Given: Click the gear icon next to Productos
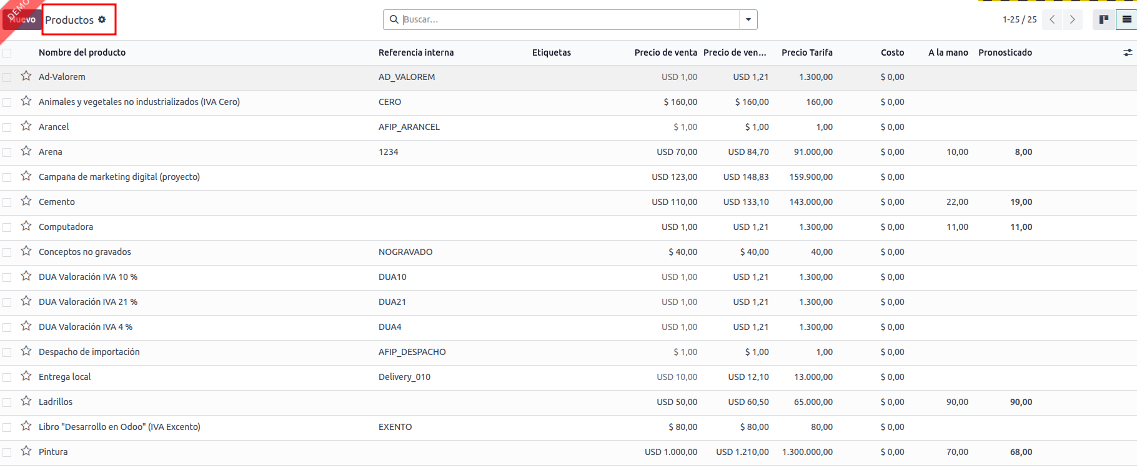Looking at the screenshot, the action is (x=102, y=19).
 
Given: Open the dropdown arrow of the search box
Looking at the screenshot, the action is (x=748, y=19).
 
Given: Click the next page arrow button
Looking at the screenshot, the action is (x=1073, y=19).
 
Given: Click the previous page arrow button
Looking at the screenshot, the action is (x=1052, y=19).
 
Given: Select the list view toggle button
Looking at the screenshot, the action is (x=1126, y=19).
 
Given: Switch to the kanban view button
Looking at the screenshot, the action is (x=1104, y=19).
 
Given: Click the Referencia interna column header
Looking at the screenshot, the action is (x=416, y=52).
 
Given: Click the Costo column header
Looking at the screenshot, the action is (x=892, y=52).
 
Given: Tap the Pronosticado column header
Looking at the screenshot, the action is (x=1005, y=52).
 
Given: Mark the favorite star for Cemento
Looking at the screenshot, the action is (x=26, y=201).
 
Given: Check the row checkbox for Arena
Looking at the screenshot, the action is (x=7, y=152).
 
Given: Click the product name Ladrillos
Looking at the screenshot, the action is (x=56, y=402).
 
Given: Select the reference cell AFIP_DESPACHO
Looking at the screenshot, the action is (x=412, y=352).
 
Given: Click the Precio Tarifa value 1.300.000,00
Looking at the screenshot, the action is (x=807, y=452).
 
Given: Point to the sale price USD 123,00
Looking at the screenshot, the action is (x=675, y=177).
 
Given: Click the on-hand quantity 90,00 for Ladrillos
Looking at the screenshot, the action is (x=957, y=402).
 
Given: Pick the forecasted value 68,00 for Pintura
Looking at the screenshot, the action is (x=1021, y=452).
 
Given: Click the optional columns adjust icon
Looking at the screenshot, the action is (x=1128, y=52).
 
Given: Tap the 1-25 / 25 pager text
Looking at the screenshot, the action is (x=1020, y=19).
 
